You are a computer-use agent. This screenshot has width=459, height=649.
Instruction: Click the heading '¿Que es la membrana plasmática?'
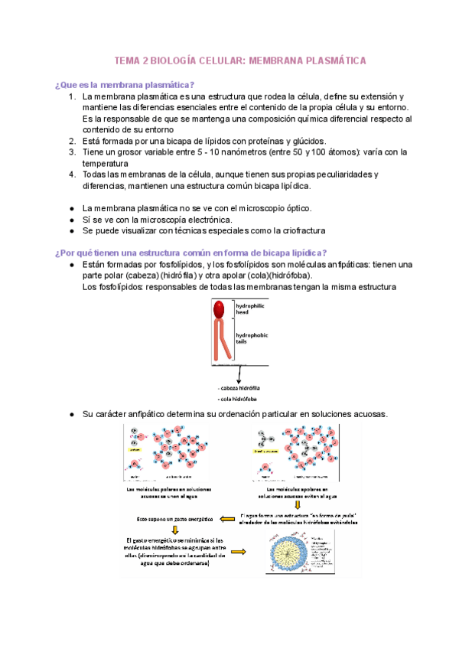[x=124, y=84]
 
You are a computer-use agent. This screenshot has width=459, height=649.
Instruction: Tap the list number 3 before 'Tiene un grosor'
[x=71, y=152]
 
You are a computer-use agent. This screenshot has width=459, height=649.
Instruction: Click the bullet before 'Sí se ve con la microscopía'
[x=71, y=219]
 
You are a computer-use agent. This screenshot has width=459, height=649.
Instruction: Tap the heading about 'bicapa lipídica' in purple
[x=190, y=253]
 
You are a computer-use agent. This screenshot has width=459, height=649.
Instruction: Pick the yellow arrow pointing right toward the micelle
[x=239, y=551]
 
